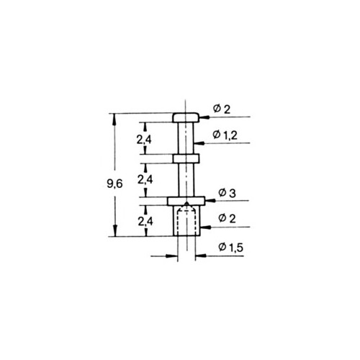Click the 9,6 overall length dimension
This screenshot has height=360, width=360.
point(114,184)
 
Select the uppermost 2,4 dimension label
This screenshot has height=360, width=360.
point(144,139)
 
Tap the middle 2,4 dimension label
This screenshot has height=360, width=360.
point(145,179)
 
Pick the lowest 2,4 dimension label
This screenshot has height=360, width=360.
point(145,221)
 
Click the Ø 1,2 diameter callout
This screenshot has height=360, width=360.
point(225,135)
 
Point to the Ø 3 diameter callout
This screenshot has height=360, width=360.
point(227,193)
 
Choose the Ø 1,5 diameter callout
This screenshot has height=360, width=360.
point(231,247)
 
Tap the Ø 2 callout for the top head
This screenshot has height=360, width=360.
point(222,109)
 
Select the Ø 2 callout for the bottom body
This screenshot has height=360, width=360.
point(227,218)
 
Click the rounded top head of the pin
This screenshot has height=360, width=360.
point(186,117)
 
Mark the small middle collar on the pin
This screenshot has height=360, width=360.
point(186,158)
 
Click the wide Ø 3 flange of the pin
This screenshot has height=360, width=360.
point(186,201)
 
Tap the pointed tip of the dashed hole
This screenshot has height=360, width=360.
point(186,203)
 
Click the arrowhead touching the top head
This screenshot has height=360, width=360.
point(204,117)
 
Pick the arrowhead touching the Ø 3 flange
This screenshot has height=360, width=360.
point(210,201)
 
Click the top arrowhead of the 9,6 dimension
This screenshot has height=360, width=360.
point(114,119)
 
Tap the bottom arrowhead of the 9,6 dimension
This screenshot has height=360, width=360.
point(115,230)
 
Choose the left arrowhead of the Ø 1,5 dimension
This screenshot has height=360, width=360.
point(171,256)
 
